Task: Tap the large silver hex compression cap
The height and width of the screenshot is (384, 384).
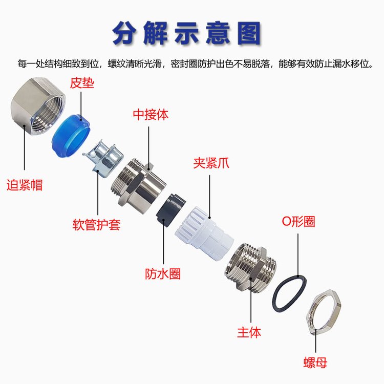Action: [38, 106]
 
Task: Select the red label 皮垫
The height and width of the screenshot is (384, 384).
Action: [82, 83]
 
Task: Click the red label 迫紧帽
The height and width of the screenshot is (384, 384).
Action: [25, 185]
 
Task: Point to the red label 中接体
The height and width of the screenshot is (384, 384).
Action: [151, 114]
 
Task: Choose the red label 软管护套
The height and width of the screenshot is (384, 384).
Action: [96, 224]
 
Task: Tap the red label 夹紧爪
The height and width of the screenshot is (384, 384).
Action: [211, 163]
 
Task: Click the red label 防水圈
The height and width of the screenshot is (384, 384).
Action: [163, 273]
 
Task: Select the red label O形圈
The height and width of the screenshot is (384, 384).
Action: [298, 221]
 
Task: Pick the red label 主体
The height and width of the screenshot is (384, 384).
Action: [249, 332]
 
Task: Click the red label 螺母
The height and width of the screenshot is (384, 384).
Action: [315, 362]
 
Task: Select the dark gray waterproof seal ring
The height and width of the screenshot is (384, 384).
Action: [170, 210]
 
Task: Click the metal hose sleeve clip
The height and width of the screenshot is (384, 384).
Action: [103, 158]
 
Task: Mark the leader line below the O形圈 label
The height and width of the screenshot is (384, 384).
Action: [298, 255]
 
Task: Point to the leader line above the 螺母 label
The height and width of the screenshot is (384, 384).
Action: [316, 341]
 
